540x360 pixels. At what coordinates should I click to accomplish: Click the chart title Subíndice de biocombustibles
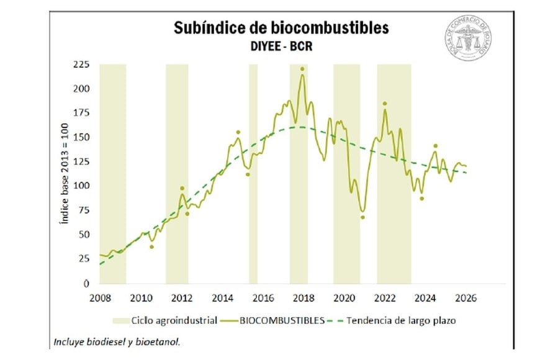281,28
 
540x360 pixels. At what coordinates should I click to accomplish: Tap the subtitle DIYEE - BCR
281,46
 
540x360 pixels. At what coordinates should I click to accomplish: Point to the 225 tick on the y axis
81,64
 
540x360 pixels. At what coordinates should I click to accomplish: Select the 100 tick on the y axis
81,186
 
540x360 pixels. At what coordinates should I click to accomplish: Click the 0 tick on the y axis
87,283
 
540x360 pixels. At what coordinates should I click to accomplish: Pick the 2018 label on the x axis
302,297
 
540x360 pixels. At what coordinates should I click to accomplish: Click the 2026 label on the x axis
465,297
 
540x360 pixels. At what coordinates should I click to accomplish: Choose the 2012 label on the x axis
181,297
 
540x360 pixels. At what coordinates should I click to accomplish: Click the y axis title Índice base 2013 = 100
65,174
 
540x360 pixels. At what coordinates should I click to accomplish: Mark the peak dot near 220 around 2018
302,69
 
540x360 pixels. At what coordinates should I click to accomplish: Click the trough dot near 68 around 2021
362,217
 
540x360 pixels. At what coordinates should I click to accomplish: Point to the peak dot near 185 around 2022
385,103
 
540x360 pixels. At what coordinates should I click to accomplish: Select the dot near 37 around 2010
151,247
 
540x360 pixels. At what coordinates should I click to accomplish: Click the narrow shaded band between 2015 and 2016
253,174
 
